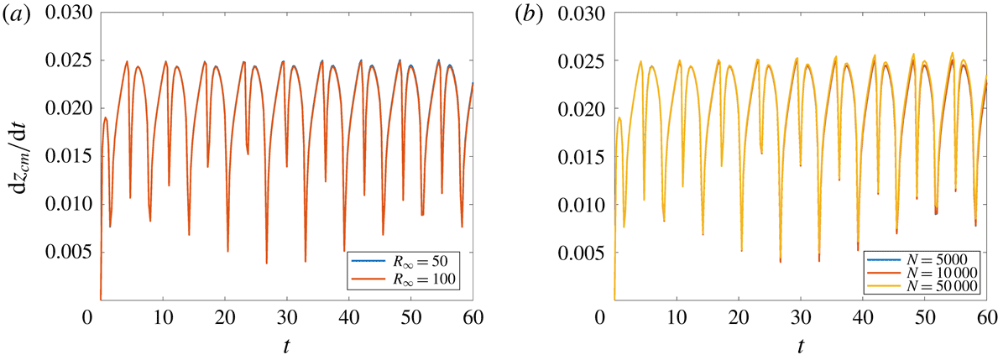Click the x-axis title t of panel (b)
click(801, 345)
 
